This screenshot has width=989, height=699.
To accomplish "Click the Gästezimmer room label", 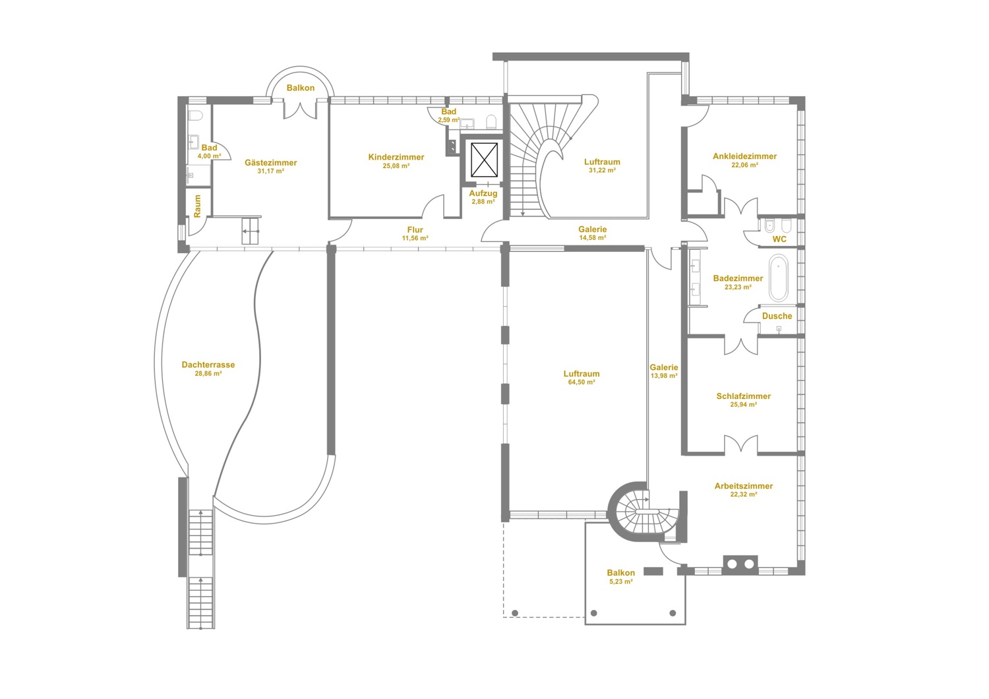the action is pyautogui.click(x=270, y=162).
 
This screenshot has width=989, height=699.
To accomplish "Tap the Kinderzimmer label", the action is pyautogui.click(x=396, y=157).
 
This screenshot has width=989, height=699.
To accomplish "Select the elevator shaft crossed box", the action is pyautogui.click(x=484, y=160).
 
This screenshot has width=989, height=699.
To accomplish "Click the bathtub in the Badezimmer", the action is pyautogui.click(x=778, y=278).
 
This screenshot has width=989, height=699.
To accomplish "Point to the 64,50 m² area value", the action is pyautogui.click(x=582, y=382).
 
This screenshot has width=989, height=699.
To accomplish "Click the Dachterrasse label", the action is pyautogui.click(x=208, y=365).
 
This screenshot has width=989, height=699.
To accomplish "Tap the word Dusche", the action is pyautogui.click(x=777, y=316).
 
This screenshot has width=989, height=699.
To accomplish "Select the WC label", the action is pyautogui.click(x=779, y=239).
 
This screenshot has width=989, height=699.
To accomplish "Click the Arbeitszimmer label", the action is pyautogui.click(x=744, y=486).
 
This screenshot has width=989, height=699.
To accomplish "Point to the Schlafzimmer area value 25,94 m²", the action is pyautogui.click(x=744, y=405).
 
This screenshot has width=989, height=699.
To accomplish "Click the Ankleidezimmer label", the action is pyautogui.click(x=744, y=156).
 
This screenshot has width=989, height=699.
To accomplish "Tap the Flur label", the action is pyautogui.click(x=415, y=229).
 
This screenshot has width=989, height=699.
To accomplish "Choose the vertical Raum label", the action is pyautogui.click(x=197, y=206).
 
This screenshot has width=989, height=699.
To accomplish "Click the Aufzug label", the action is pyautogui.click(x=483, y=193).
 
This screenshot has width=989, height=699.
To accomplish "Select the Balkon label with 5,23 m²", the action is pyautogui.click(x=621, y=573).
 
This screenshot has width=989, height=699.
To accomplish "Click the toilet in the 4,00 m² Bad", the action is pyautogui.click(x=195, y=115).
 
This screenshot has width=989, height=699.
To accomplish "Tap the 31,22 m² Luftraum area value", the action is pyautogui.click(x=602, y=170).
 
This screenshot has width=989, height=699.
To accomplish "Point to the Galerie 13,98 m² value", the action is pyautogui.click(x=664, y=377).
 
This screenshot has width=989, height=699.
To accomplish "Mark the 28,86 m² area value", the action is pyautogui.click(x=208, y=373).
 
